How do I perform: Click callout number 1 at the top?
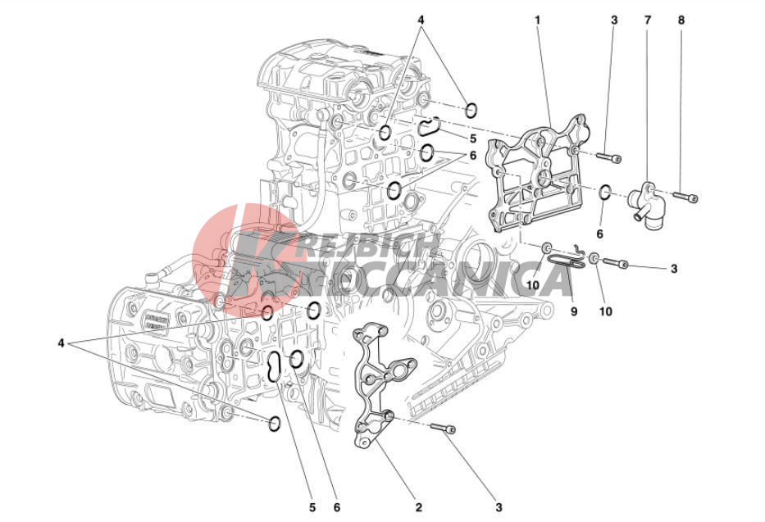[538, 18]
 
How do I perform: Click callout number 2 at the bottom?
[418, 508]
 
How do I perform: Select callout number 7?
[646, 18]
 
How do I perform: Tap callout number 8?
[681, 18]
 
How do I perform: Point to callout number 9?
[574, 311]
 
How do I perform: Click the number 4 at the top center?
[421, 18]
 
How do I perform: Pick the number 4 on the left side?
[61, 343]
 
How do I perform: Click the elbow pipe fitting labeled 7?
[645, 202]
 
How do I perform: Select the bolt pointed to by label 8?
[685, 197]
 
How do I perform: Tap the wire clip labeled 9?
[567, 259]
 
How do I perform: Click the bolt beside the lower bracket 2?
[442, 429]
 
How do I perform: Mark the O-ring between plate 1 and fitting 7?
[604, 193]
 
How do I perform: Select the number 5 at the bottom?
[312, 508]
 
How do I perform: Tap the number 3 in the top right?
[613, 18]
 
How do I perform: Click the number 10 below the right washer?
[606, 311]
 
